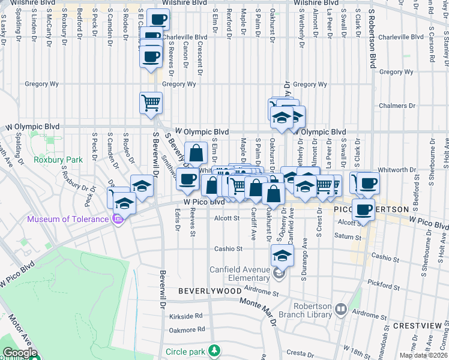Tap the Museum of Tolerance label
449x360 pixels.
pyautogui.click(x=67, y=218)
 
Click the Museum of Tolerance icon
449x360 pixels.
pyautogui.click(x=118, y=218)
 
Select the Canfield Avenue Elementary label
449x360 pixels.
pyautogui.click(x=240, y=274)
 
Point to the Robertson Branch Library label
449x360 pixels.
pyautogui.click(x=306, y=310)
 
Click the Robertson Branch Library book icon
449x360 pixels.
pyautogui.click(x=341, y=310)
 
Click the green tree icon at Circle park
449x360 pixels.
pyautogui.click(x=213, y=350)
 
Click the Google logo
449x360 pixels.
pyautogui.click(x=19, y=353)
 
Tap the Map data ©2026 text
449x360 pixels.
pyautogui.click(x=423, y=355)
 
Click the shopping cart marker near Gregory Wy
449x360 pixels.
pyautogui.click(x=151, y=103)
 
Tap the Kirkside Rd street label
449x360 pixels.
pyautogui.click(x=185, y=315)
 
